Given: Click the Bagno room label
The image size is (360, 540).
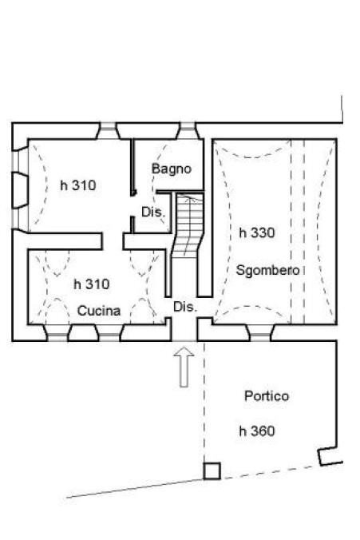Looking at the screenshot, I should (172, 169).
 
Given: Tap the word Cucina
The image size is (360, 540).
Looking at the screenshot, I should (99, 311).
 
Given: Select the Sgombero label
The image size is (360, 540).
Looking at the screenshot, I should (268, 270).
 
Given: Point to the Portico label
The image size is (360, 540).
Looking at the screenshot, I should (267, 395).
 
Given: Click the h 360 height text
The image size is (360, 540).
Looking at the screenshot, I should (257, 431).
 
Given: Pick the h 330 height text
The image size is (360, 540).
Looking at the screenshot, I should (257, 233).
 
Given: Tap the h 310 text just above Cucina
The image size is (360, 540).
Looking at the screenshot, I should (91, 284).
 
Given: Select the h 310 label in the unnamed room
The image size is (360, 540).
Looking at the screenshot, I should (78, 185).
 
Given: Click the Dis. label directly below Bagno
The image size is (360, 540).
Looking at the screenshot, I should (152, 212).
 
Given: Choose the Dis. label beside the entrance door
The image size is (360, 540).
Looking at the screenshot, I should (185, 307).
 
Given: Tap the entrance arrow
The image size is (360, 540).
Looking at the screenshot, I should (184, 366).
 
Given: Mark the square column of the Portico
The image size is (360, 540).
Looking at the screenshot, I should (212, 471).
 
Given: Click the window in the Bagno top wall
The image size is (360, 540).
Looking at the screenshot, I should (188, 130).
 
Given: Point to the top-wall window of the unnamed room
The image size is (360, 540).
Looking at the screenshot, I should (106, 130).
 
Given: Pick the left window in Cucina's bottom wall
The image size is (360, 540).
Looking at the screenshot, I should (56, 332).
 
